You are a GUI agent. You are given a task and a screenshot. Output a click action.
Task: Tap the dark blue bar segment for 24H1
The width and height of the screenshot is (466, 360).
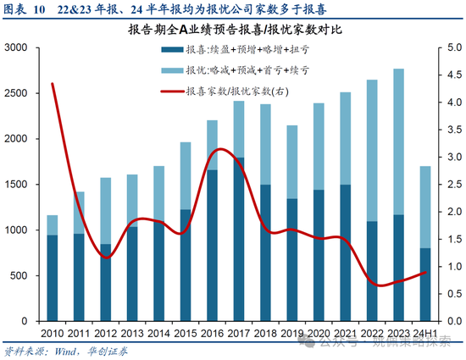pyautogui.click(x=424, y=285)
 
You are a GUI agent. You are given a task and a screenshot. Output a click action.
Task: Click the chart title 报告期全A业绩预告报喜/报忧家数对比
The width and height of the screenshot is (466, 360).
pyautogui.click(x=233, y=30)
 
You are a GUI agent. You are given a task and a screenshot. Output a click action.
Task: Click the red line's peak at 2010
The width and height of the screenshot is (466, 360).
pyautogui.click(x=53, y=84)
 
